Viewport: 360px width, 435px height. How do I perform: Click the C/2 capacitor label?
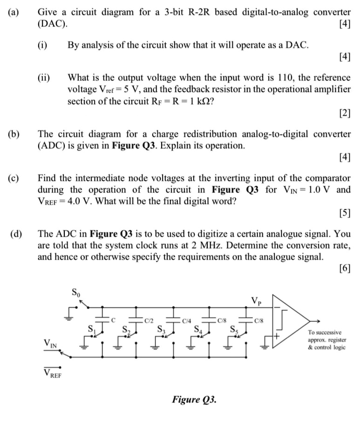click(149, 320)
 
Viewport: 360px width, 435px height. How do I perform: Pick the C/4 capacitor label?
click(187, 320)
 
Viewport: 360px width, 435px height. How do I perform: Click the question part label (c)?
click(14, 178)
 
